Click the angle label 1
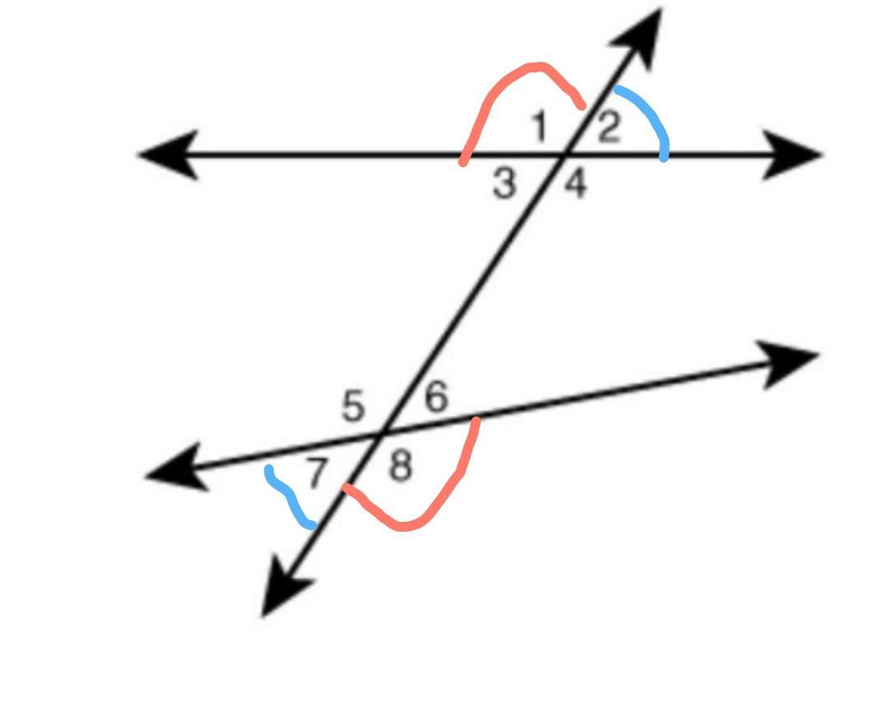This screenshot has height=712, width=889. pos(540,127)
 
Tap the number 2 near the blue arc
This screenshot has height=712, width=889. pos(609,127)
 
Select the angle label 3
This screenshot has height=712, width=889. pos(505,184)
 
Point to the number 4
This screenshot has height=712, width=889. pos(575,184)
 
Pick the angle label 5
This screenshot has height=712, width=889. pos(352,406)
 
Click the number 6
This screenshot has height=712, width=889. pos(436,396)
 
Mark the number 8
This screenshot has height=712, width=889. pos(400,467)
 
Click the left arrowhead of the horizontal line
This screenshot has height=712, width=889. pos(169,154)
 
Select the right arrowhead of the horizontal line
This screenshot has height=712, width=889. pos(792,154)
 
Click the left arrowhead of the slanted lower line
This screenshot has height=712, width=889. pos(177,467)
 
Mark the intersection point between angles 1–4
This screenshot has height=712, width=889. pos(563,154)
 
